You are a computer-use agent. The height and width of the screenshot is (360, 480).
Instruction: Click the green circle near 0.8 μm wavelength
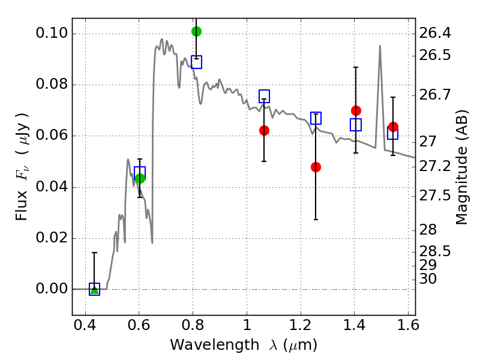(196, 31)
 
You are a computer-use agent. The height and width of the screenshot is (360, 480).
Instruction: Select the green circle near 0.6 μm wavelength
(140, 178)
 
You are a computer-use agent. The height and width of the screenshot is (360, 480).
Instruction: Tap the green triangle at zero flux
(95, 289)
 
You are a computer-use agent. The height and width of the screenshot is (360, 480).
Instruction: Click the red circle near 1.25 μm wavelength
(316, 167)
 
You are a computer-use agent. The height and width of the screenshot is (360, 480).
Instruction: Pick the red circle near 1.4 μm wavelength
(356, 110)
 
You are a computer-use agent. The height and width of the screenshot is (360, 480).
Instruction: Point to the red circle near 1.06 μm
(264, 131)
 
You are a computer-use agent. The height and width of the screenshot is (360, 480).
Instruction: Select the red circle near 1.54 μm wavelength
(393, 127)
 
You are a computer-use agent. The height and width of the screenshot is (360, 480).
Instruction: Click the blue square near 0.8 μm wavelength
(197, 62)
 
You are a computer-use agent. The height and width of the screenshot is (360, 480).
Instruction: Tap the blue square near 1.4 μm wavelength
(356, 125)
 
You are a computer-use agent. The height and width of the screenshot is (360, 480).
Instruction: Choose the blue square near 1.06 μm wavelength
(264, 96)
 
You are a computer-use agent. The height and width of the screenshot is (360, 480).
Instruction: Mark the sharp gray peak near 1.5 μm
(380, 46)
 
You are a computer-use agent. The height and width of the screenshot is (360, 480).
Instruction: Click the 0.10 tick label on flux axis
(52, 33)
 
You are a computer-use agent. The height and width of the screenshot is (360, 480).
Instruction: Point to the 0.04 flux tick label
(52, 187)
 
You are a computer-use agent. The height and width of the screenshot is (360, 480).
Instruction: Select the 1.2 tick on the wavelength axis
(301, 325)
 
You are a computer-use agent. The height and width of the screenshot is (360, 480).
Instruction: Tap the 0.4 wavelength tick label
(85, 325)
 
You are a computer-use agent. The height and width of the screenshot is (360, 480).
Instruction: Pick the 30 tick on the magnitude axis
(428, 279)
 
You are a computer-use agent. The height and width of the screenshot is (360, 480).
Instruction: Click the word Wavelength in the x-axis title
(215, 345)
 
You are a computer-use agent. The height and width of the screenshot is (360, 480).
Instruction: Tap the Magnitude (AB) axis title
(461, 167)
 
